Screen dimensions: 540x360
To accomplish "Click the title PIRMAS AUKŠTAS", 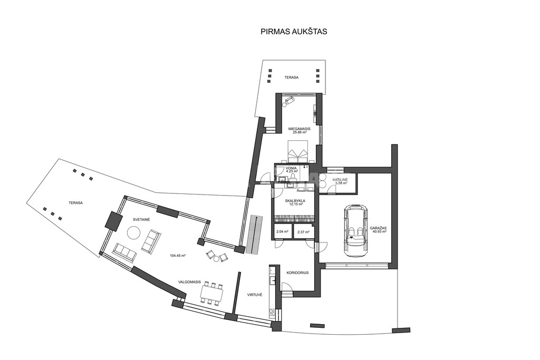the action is [x=294, y=32].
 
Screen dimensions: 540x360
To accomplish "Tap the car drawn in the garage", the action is [x=356, y=230].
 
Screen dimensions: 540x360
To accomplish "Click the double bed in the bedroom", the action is [x=296, y=151].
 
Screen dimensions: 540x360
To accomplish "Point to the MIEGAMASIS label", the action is [x=300, y=129].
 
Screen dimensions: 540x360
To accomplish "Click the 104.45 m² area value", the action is [x=178, y=256].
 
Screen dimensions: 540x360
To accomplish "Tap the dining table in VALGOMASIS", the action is [x=212, y=294].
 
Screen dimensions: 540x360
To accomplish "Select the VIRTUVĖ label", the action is [x=255, y=295].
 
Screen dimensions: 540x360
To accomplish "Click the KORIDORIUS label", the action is [x=297, y=273].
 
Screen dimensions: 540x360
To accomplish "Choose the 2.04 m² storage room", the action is [x=283, y=232].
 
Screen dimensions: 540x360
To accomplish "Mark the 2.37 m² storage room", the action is [x=303, y=232].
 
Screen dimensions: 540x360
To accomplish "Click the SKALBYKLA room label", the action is [x=295, y=200].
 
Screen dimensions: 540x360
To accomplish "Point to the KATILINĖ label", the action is [x=340, y=180].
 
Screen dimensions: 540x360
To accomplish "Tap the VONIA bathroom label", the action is [x=291, y=168].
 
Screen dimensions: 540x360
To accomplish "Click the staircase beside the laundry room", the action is [x=255, y=235].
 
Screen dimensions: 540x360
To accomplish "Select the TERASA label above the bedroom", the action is [x=291, y=77].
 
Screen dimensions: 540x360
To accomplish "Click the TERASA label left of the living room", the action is [x=75, y=203].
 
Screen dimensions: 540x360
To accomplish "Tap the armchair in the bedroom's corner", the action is [x=288, y=101].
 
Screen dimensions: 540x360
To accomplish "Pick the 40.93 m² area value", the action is [x=379, y=231].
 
